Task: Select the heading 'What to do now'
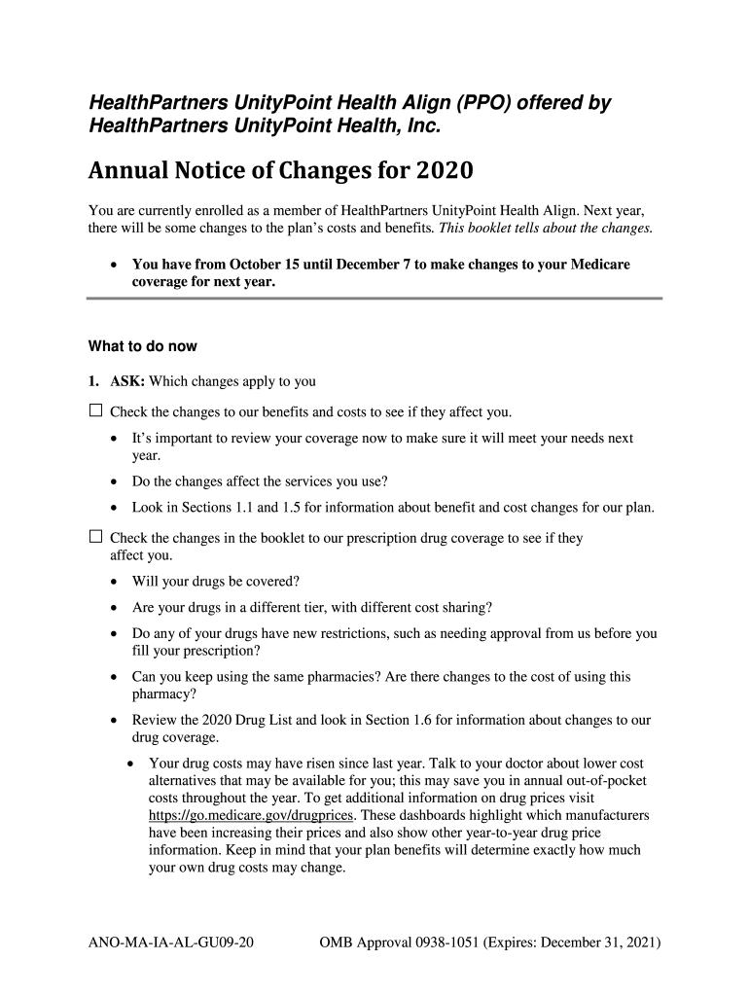[143, 345]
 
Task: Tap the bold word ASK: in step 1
[127, 381]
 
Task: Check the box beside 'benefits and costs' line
[95, 410]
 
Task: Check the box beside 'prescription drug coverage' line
[95, 536]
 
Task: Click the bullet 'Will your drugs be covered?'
[216, 583]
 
